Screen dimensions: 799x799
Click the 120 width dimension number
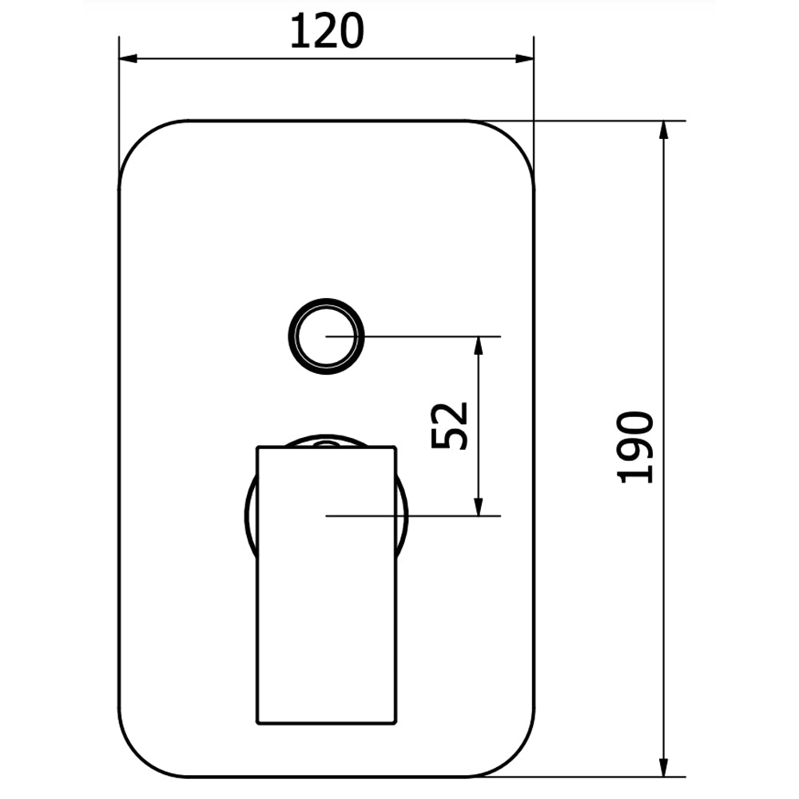(x=327, y=32)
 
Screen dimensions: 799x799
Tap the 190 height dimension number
(x=635, y=447)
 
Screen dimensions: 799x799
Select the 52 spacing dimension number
(x=449, y=426)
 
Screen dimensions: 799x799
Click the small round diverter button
(x=326, y=336)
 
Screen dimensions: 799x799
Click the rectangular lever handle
(x=326, y=585)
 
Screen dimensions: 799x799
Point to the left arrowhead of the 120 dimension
(x=128, y=58)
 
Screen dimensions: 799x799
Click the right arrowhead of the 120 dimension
(x=524, y=58)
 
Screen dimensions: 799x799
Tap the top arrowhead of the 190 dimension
(x=663, y=130)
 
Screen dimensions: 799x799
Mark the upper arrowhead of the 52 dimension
(x=478, y=346)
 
